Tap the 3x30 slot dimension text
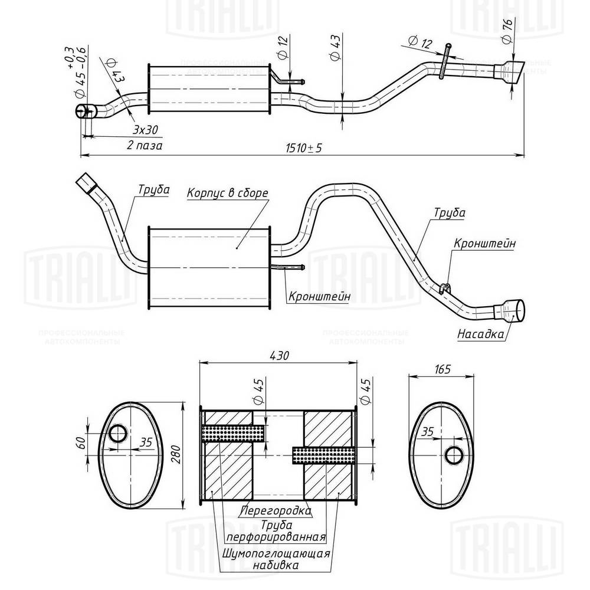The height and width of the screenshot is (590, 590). click(145, 129)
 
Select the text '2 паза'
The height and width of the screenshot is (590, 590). click(145, 145)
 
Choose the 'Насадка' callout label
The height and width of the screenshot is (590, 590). click(480, 335)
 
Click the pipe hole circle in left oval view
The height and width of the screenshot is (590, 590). click(117, 434)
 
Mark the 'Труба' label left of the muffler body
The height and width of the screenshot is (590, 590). click(153, 190)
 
